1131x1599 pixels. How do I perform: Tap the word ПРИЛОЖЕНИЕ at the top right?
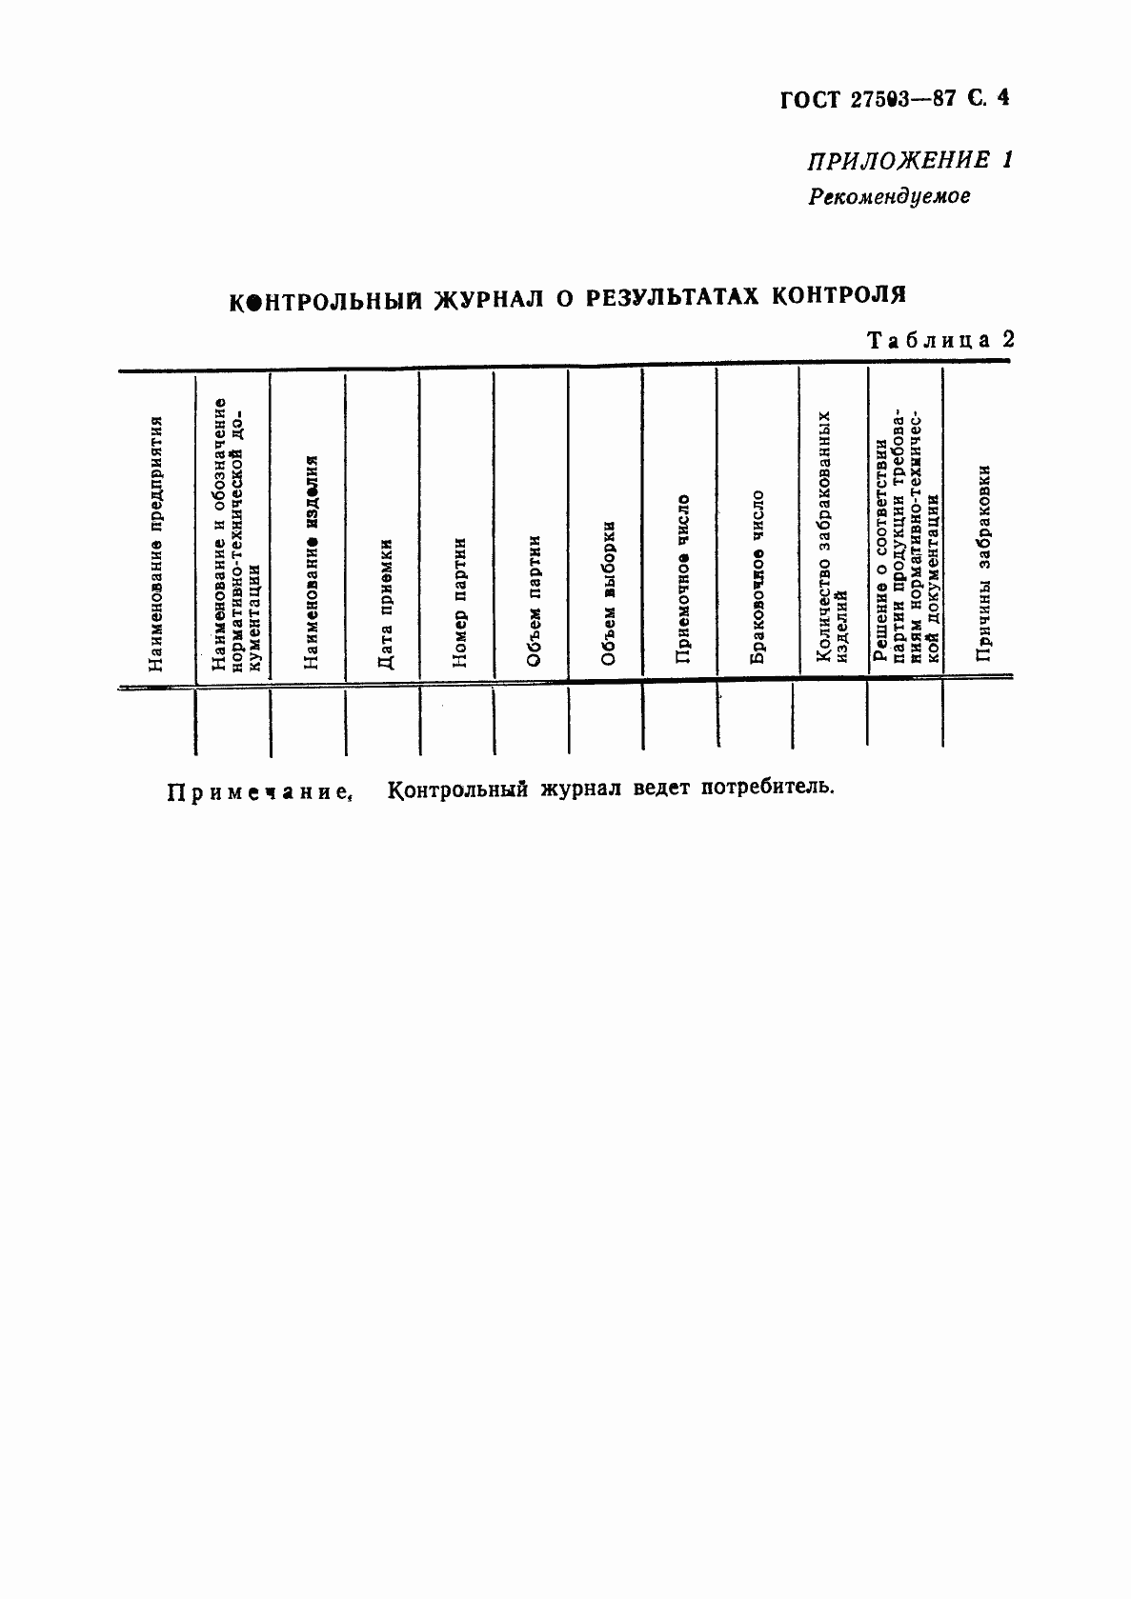click(886, 160)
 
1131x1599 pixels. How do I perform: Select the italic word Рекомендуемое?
click(889, 197)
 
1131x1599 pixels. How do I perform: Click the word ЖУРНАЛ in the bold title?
click(490, 298)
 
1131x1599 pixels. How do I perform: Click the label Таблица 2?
click(939, 340)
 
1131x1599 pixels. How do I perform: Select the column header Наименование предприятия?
click(155, 543)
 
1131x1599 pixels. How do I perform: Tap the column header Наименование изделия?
click(309, 562)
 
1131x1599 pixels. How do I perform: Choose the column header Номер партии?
click(459, 601)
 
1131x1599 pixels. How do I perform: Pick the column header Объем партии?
click(534, 600)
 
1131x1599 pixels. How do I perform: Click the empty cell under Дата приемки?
click(383, 721)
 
